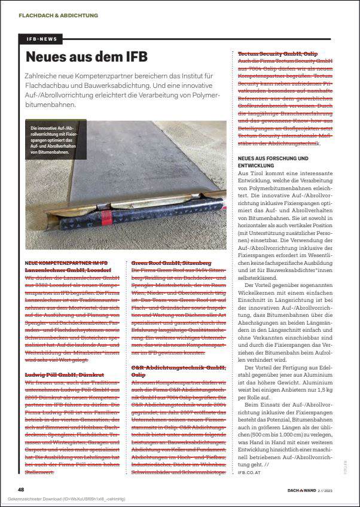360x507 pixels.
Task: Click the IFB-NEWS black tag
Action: click(x=42, y=39)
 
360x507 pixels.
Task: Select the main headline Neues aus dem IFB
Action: click(x=87, y=57)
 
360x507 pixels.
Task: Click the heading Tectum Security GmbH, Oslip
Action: click(x=277, y=54)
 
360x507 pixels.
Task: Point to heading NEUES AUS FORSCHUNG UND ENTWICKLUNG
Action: click(x=273, y=161)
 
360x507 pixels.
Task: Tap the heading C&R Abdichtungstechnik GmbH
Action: click(x=178, y=370)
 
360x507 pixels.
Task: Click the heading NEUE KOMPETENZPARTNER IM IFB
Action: click(x=66, y=263)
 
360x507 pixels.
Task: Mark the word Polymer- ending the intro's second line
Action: click(x=206, y=94)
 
